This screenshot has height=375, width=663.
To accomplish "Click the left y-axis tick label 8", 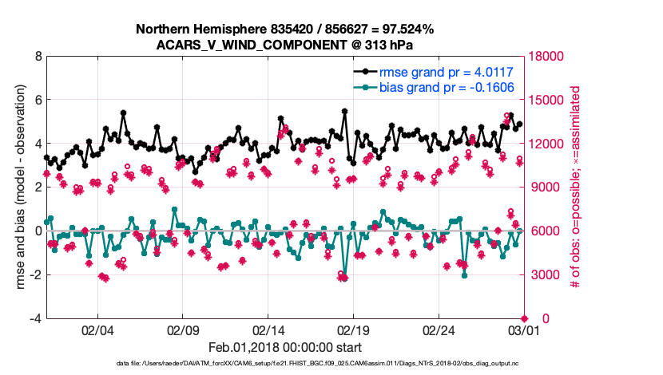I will point(37,57).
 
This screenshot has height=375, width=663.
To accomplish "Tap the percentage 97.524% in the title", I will point(407,30).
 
